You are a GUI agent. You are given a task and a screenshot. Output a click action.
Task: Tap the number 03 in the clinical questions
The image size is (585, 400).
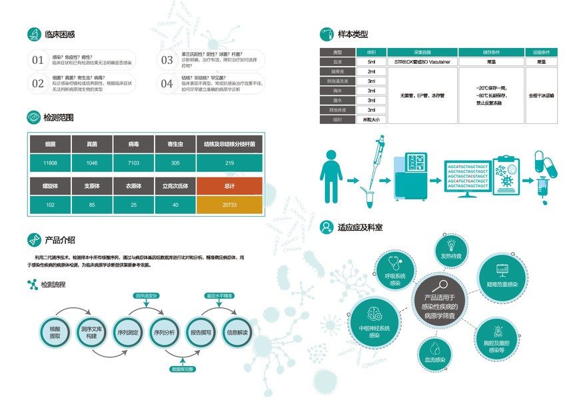tap(167, 60)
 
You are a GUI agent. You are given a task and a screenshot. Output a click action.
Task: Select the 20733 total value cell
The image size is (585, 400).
tap(230, 205)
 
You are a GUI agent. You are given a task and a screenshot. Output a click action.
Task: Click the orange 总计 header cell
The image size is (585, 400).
tap(230, 186)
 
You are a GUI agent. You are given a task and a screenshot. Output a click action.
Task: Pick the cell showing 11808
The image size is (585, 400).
tap(51, 163)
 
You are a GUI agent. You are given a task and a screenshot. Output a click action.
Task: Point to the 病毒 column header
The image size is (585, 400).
tap(133, 144)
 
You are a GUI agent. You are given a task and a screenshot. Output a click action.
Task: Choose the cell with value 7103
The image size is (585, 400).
tap(133, 163)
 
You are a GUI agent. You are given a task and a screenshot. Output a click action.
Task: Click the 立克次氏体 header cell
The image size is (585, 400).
tap(175, 186)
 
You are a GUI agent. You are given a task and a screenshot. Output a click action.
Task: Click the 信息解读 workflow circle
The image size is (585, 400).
tap(237, 332)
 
